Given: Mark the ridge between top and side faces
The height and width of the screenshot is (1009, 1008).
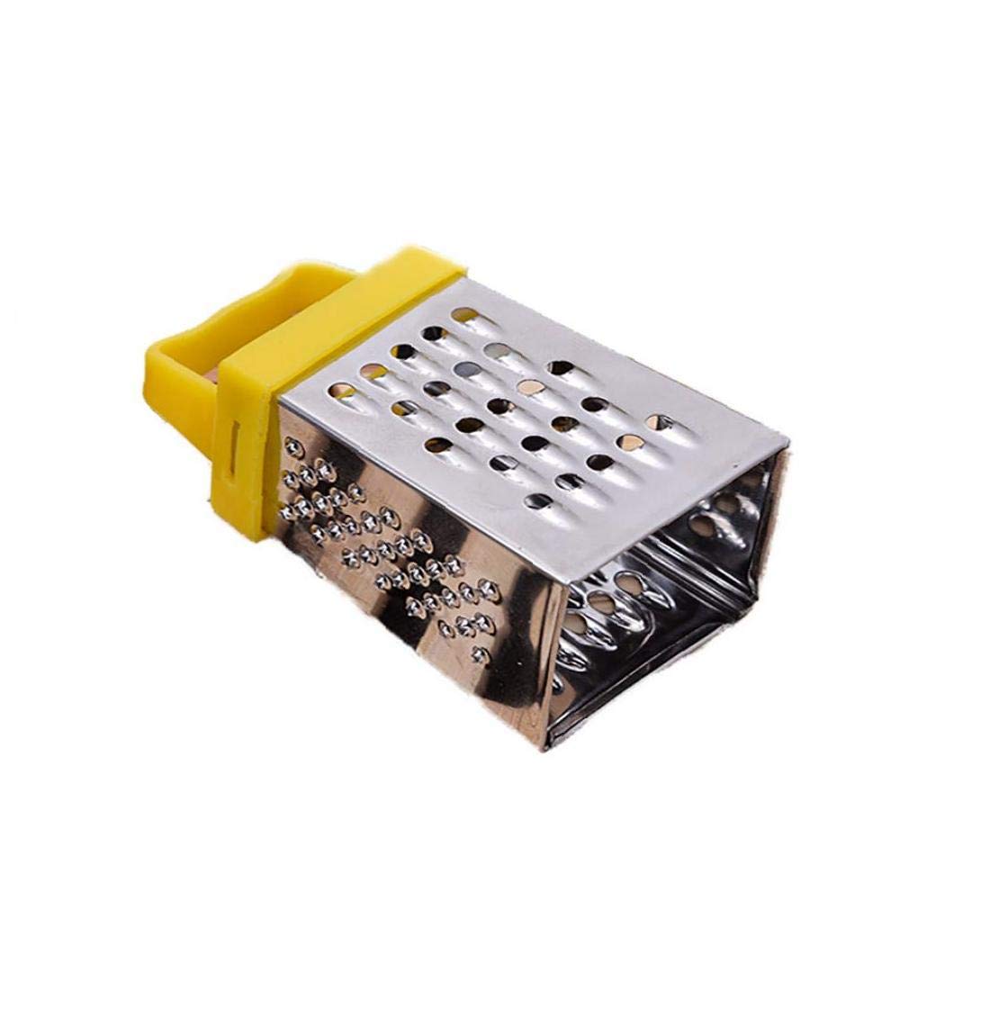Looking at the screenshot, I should click(x=414, y=464).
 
